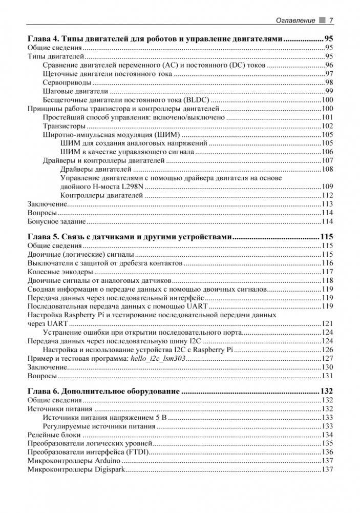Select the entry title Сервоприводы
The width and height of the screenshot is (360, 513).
pyautogui.click(x=67, y=83)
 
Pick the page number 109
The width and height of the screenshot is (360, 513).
pyautogui.click(x=327, y=187)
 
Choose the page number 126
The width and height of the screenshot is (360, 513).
pyautogui.click(x=327, y=350)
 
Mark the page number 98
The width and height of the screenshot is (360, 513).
pyautogui.click(x=329, y=83)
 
